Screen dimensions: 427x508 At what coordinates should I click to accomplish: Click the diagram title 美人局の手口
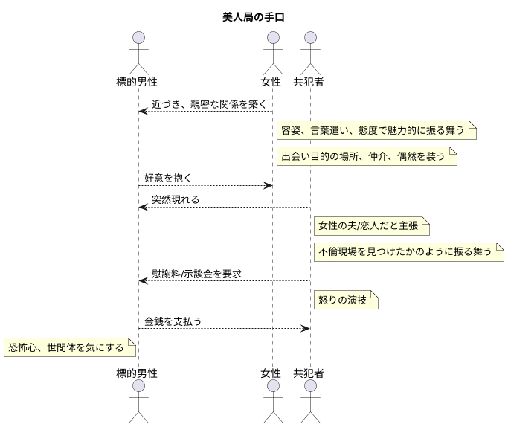click(x=254, y=17)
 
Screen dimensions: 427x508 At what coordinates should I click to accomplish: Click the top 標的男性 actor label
click(x=138, y=81)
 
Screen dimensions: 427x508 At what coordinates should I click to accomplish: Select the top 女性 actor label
click(x=271, y=81)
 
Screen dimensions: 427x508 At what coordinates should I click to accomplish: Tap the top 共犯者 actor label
click(x=309, y=81)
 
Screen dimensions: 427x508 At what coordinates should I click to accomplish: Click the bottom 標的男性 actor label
click(x=138, y=373)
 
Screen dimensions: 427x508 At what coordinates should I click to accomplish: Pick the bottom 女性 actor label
click(x=271, y=373)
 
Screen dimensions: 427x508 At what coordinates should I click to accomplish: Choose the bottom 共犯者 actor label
click(x=309, y=373)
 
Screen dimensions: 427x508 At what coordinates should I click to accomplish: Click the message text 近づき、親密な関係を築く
click(x=208, y=105)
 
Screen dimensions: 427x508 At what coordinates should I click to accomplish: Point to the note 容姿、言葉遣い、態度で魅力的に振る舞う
click(x=376, y=131)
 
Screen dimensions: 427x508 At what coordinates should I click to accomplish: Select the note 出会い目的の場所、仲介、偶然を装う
click(x=366, y=156)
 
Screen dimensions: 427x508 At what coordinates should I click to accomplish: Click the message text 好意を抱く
click(x=168, y=178)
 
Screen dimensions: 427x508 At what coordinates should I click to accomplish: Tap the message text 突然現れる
click(x=176, y=199)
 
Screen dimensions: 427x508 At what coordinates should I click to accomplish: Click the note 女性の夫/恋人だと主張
click(x=371, y=226)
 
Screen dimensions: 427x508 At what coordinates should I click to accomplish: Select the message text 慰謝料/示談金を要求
click(x=196, y=274)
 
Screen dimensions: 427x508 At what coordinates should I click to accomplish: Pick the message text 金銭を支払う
click(x=173, y=321)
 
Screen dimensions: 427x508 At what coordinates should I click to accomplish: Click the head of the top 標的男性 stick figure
click(x=138, y=38)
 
